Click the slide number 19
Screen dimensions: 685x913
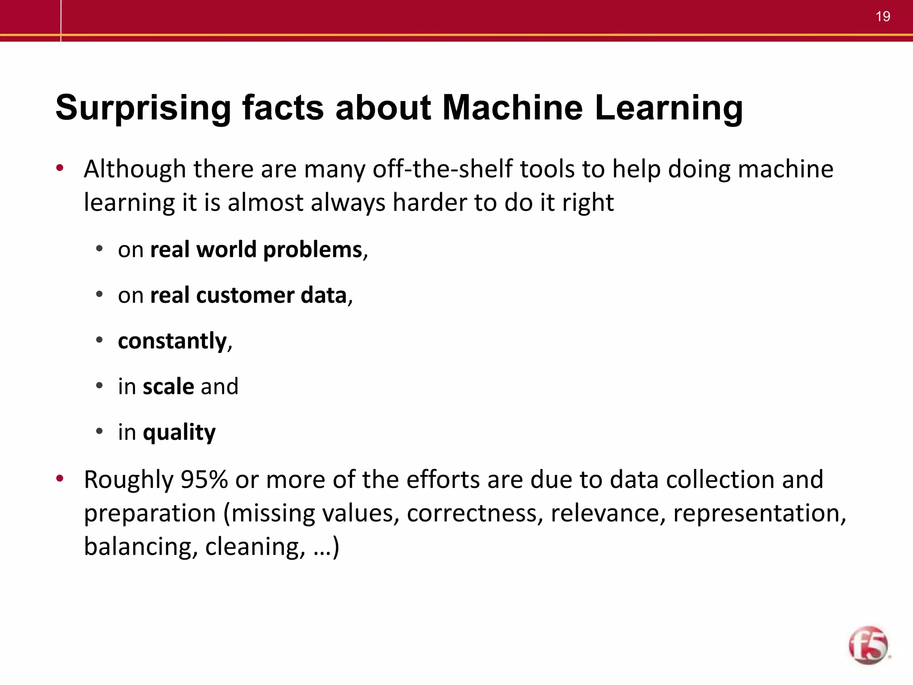coord(883,17)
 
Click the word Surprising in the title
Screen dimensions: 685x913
coord(143,108)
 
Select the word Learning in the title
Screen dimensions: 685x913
coord(669,108)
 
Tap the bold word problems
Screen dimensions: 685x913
coord(313,250)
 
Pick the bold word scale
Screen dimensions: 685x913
coord(169,386)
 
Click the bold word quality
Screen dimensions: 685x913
coord(179,433)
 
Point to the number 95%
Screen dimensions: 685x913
coord(204,480)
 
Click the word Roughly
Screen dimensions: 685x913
coord(128,480)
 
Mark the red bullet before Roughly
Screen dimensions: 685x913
coord(59,479)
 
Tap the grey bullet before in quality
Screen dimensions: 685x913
coord(99,431)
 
